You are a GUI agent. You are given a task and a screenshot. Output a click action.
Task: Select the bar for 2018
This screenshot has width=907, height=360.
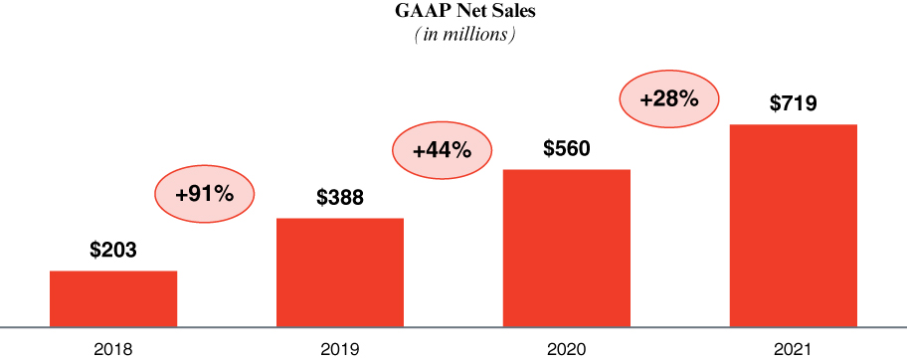pyautogui.click(x=113, y=298)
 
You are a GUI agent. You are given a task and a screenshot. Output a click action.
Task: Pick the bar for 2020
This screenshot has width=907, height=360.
pyautogui.click(x=567, y=248)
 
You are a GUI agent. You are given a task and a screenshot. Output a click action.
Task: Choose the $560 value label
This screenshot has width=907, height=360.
pyautogui.click(x=567, y=149)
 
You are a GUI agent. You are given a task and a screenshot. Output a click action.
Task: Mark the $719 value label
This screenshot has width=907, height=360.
pyautogui.click(x=794, y=103)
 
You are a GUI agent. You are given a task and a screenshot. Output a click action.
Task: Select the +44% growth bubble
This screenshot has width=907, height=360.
pyautogui.click(x=442, y=151)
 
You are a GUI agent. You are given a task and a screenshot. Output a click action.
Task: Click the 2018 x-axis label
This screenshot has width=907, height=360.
pyautogui.click(x=113, y=349)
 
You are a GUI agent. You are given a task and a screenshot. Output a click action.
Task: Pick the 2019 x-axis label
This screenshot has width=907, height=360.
pyautogui.click(x=340, y=349)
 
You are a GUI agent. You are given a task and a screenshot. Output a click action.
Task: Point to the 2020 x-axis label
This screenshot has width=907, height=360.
pyautogui.click(x=567, y=349)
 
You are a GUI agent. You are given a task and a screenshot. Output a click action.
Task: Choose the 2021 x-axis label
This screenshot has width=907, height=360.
pyautogui.click(x=794, y=349)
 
